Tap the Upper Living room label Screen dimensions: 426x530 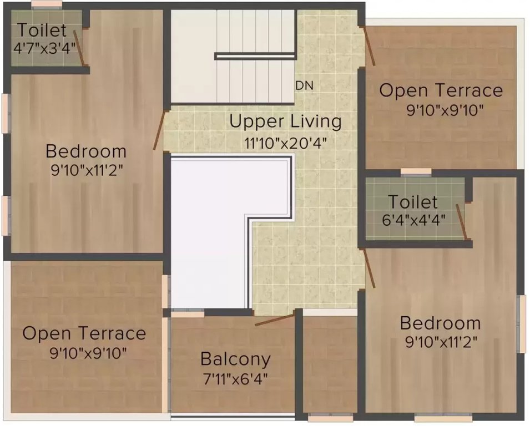click(x=285, y=121)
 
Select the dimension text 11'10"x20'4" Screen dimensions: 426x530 click(x=285, y=142)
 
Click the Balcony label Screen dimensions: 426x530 click(x=235, y=359)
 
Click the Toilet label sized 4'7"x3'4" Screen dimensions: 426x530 click(x=42, y=30)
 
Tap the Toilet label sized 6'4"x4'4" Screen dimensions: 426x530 click(x=412, y=201)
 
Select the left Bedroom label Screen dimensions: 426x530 click(x=86, y=151)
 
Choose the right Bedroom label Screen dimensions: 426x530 click(x=440, y=323)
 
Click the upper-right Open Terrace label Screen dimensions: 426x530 click(x=441, y=90)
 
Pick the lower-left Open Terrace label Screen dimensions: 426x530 click(x=84, y=333)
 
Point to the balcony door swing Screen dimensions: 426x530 click(x=274, y=320)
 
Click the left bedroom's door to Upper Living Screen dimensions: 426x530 click(x=159, y=130)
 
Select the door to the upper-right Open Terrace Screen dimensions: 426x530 click(x=369, y=45)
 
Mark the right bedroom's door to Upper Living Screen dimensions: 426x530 click(x=369, y=268)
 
